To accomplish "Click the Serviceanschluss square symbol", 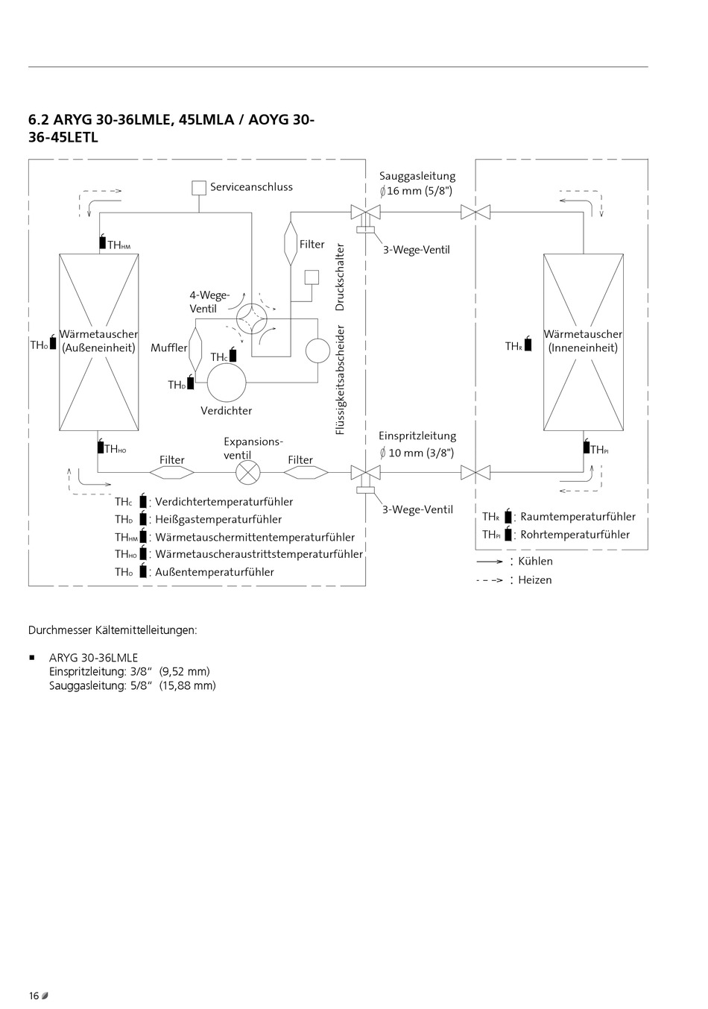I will pos(199,187).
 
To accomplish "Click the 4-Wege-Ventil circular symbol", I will pos(251,318).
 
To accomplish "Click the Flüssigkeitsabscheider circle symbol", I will pos(318,351).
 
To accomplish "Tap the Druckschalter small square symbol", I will pos(312,277).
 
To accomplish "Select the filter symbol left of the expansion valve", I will pos(172,472).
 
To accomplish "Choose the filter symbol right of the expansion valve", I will pos(306,472).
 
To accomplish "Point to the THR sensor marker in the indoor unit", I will pos(528,345).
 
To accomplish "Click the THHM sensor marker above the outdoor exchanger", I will pos(102,242).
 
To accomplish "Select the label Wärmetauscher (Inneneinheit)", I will pos(583,341).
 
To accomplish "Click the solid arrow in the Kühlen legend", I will pos(490,561).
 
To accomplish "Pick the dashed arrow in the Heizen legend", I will pos(490,579).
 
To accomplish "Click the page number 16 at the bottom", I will pos(34,996).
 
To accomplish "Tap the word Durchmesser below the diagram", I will pos(60,630).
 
